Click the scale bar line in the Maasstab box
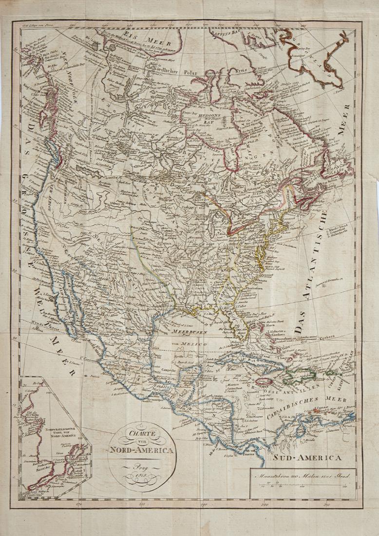pyautogui.click(x=302, y=482)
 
